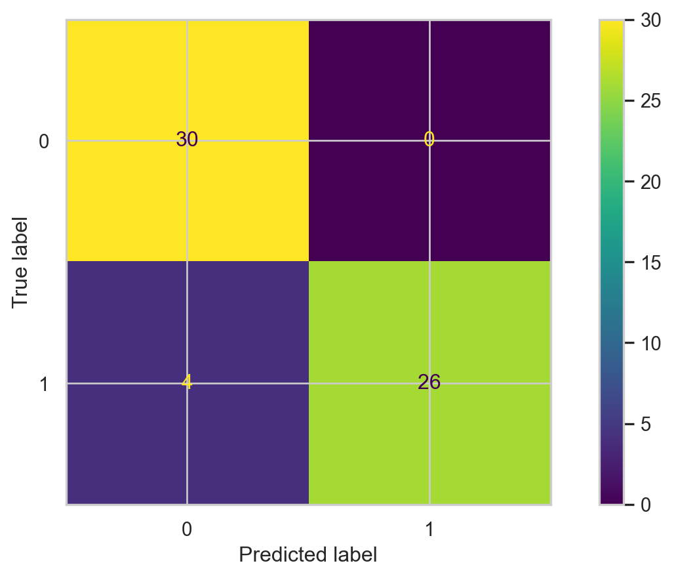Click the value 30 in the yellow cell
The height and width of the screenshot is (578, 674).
coord(187,140)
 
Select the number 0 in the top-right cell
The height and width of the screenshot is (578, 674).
coord(429,140)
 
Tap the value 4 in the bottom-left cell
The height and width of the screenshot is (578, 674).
coord(187,382)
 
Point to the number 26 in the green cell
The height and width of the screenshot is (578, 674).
coord(429,382)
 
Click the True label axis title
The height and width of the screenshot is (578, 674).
coord(22,261)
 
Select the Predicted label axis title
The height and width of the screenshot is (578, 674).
coord(307,555)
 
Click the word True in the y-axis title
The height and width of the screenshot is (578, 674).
coord(22,292)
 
